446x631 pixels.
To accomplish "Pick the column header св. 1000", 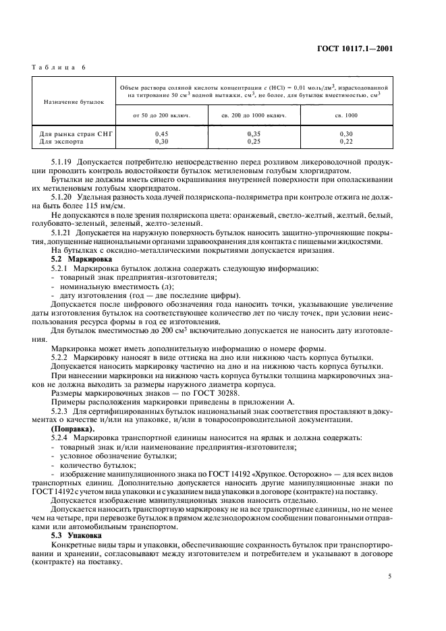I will tap(346, 115).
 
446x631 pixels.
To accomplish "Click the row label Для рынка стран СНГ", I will tap(74, 134).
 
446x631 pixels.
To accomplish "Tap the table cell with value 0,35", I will tap(254, 134).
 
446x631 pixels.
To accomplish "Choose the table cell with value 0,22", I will tap(346, 142).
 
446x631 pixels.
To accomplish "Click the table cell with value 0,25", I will tap(254, 142).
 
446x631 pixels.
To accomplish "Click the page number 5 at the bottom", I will tap(390, 576).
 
